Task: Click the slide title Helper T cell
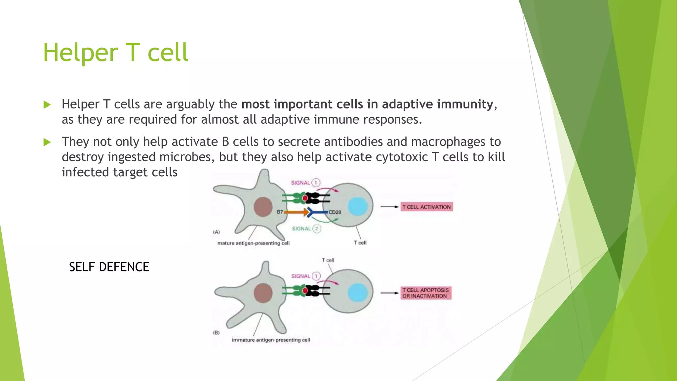[x=115, y=53]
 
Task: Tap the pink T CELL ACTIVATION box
[x=426, y=207]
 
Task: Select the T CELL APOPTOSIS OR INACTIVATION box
[x=426, y=293]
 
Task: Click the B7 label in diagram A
[x=280, y=212]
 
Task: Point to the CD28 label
[x=335, y=212]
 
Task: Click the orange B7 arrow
[x=296, y=212]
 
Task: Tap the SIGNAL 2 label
[x=306, y=229]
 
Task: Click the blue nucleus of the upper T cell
[x=358, y=206]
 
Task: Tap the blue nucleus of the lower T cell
[x=358, y=293]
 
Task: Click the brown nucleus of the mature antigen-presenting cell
[x=263, y=207]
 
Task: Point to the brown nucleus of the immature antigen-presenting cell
[x=263, y=293]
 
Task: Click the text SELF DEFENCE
[x=109, y=267]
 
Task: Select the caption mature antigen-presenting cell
[x=253, y=243]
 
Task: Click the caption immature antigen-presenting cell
[x=271, y=340]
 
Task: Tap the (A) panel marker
[x=216, y=232]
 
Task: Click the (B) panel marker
[x=216, y=333]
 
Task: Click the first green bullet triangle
[x=47, y=105]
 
